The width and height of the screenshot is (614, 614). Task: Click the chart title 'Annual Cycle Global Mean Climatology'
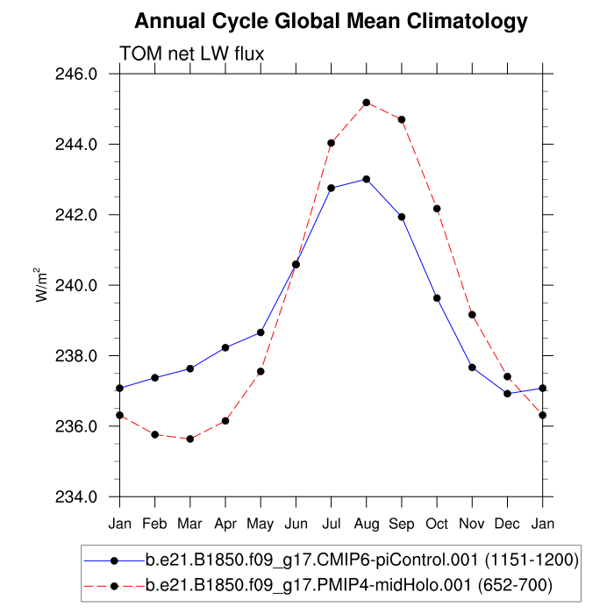[332, 21]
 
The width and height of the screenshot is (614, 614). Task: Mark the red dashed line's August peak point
[367, 103]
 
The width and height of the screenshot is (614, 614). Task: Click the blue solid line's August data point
[367, 179]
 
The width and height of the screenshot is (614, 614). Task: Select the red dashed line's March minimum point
[190, 439]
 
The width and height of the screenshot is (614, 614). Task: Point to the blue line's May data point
[261, 332]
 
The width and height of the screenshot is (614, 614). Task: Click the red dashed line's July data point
[332, 143]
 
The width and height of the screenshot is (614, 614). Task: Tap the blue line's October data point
[437, 298]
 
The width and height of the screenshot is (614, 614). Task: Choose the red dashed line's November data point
[472, 314]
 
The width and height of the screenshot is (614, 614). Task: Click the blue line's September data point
[402, 217]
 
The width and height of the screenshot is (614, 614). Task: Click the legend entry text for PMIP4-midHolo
[349, 582]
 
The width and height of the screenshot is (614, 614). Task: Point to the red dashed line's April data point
[225, 421]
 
